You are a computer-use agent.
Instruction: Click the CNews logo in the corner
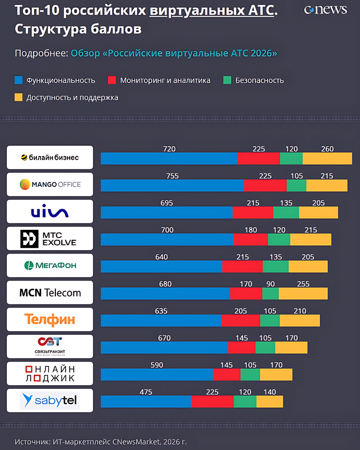(325, 9)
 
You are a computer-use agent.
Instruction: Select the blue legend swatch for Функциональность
(18, 81)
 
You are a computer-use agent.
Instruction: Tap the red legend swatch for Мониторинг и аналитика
(112, 81)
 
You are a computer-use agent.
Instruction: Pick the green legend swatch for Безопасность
(227, 81)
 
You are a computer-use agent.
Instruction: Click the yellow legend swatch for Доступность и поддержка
(18, 97)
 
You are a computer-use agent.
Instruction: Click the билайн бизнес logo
(50, 157)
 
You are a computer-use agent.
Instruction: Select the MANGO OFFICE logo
(50, 184)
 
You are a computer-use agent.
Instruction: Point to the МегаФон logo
(50, 265)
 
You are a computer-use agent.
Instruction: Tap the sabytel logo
(50, 400)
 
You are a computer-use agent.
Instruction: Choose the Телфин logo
(50, 319)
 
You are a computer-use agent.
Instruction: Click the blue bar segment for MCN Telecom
(165, 293)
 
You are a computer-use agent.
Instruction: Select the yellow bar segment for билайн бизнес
(327, 158)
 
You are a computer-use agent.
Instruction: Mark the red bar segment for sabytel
(212, 401)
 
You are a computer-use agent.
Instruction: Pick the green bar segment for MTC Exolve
(279, 239)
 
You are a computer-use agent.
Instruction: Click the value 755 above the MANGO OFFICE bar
(173, 176)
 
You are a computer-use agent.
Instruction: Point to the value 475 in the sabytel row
(146, 392)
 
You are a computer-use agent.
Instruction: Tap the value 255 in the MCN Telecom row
(303, 284)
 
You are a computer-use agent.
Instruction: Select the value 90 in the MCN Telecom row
(270, 284)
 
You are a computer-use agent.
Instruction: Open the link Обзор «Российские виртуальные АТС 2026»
(174, 53)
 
